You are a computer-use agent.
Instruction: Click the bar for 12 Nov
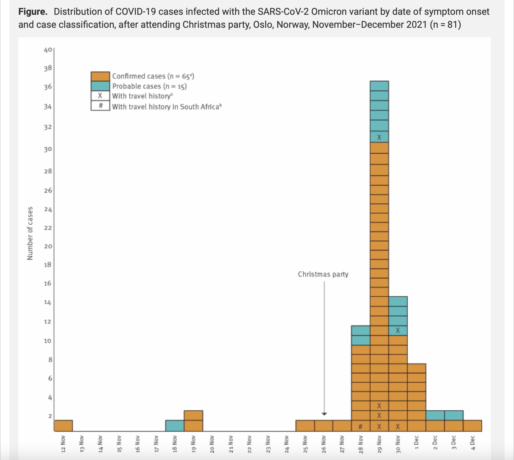point(63,426)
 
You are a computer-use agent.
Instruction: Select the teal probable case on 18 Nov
point(175,426)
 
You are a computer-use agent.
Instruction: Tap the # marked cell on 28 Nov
point(360,427)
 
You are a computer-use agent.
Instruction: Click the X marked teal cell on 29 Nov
point(379,137)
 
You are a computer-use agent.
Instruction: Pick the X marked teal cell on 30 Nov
point(398,331)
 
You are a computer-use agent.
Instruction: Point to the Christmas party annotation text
point(323,274)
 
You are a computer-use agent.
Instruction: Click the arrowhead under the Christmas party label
point(324,414)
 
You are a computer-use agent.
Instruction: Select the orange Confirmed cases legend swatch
point(100,76)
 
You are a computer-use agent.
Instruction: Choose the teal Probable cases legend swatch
point(100,86)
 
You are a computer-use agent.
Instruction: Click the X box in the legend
point(100,96)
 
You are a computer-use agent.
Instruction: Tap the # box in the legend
point(100,106)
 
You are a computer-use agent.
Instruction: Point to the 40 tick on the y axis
point(48,50)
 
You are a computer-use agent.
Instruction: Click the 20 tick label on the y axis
point(48,246)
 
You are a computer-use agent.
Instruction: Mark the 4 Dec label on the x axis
point(473,443)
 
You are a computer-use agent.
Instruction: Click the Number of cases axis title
point(30,233)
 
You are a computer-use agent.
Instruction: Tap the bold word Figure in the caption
point(32,12)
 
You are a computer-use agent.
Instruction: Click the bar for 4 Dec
point(473,426)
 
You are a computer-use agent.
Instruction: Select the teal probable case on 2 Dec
point(435,415)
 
